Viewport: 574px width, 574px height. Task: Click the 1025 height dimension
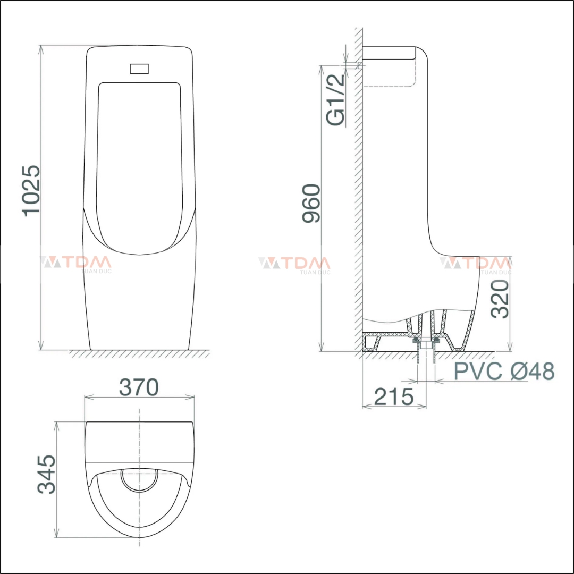[x=31, y=189]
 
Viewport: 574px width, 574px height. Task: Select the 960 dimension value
[x=311, y=203]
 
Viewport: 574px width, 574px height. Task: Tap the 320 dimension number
[x=500, y=299]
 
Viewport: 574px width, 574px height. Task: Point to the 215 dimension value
[x=394, y=396]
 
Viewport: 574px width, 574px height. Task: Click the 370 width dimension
[x=139, y=387]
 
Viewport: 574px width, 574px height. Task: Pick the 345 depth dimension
[x=47, y=474]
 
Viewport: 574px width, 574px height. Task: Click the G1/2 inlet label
[x=335, y=100]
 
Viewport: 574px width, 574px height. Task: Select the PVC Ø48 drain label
[x=504, y=372]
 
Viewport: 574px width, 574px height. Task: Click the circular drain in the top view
[x=139, y=478]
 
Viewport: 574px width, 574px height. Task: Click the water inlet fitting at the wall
[x=360, y=65]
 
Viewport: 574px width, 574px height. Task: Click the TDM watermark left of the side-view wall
[x=294, y=264]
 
